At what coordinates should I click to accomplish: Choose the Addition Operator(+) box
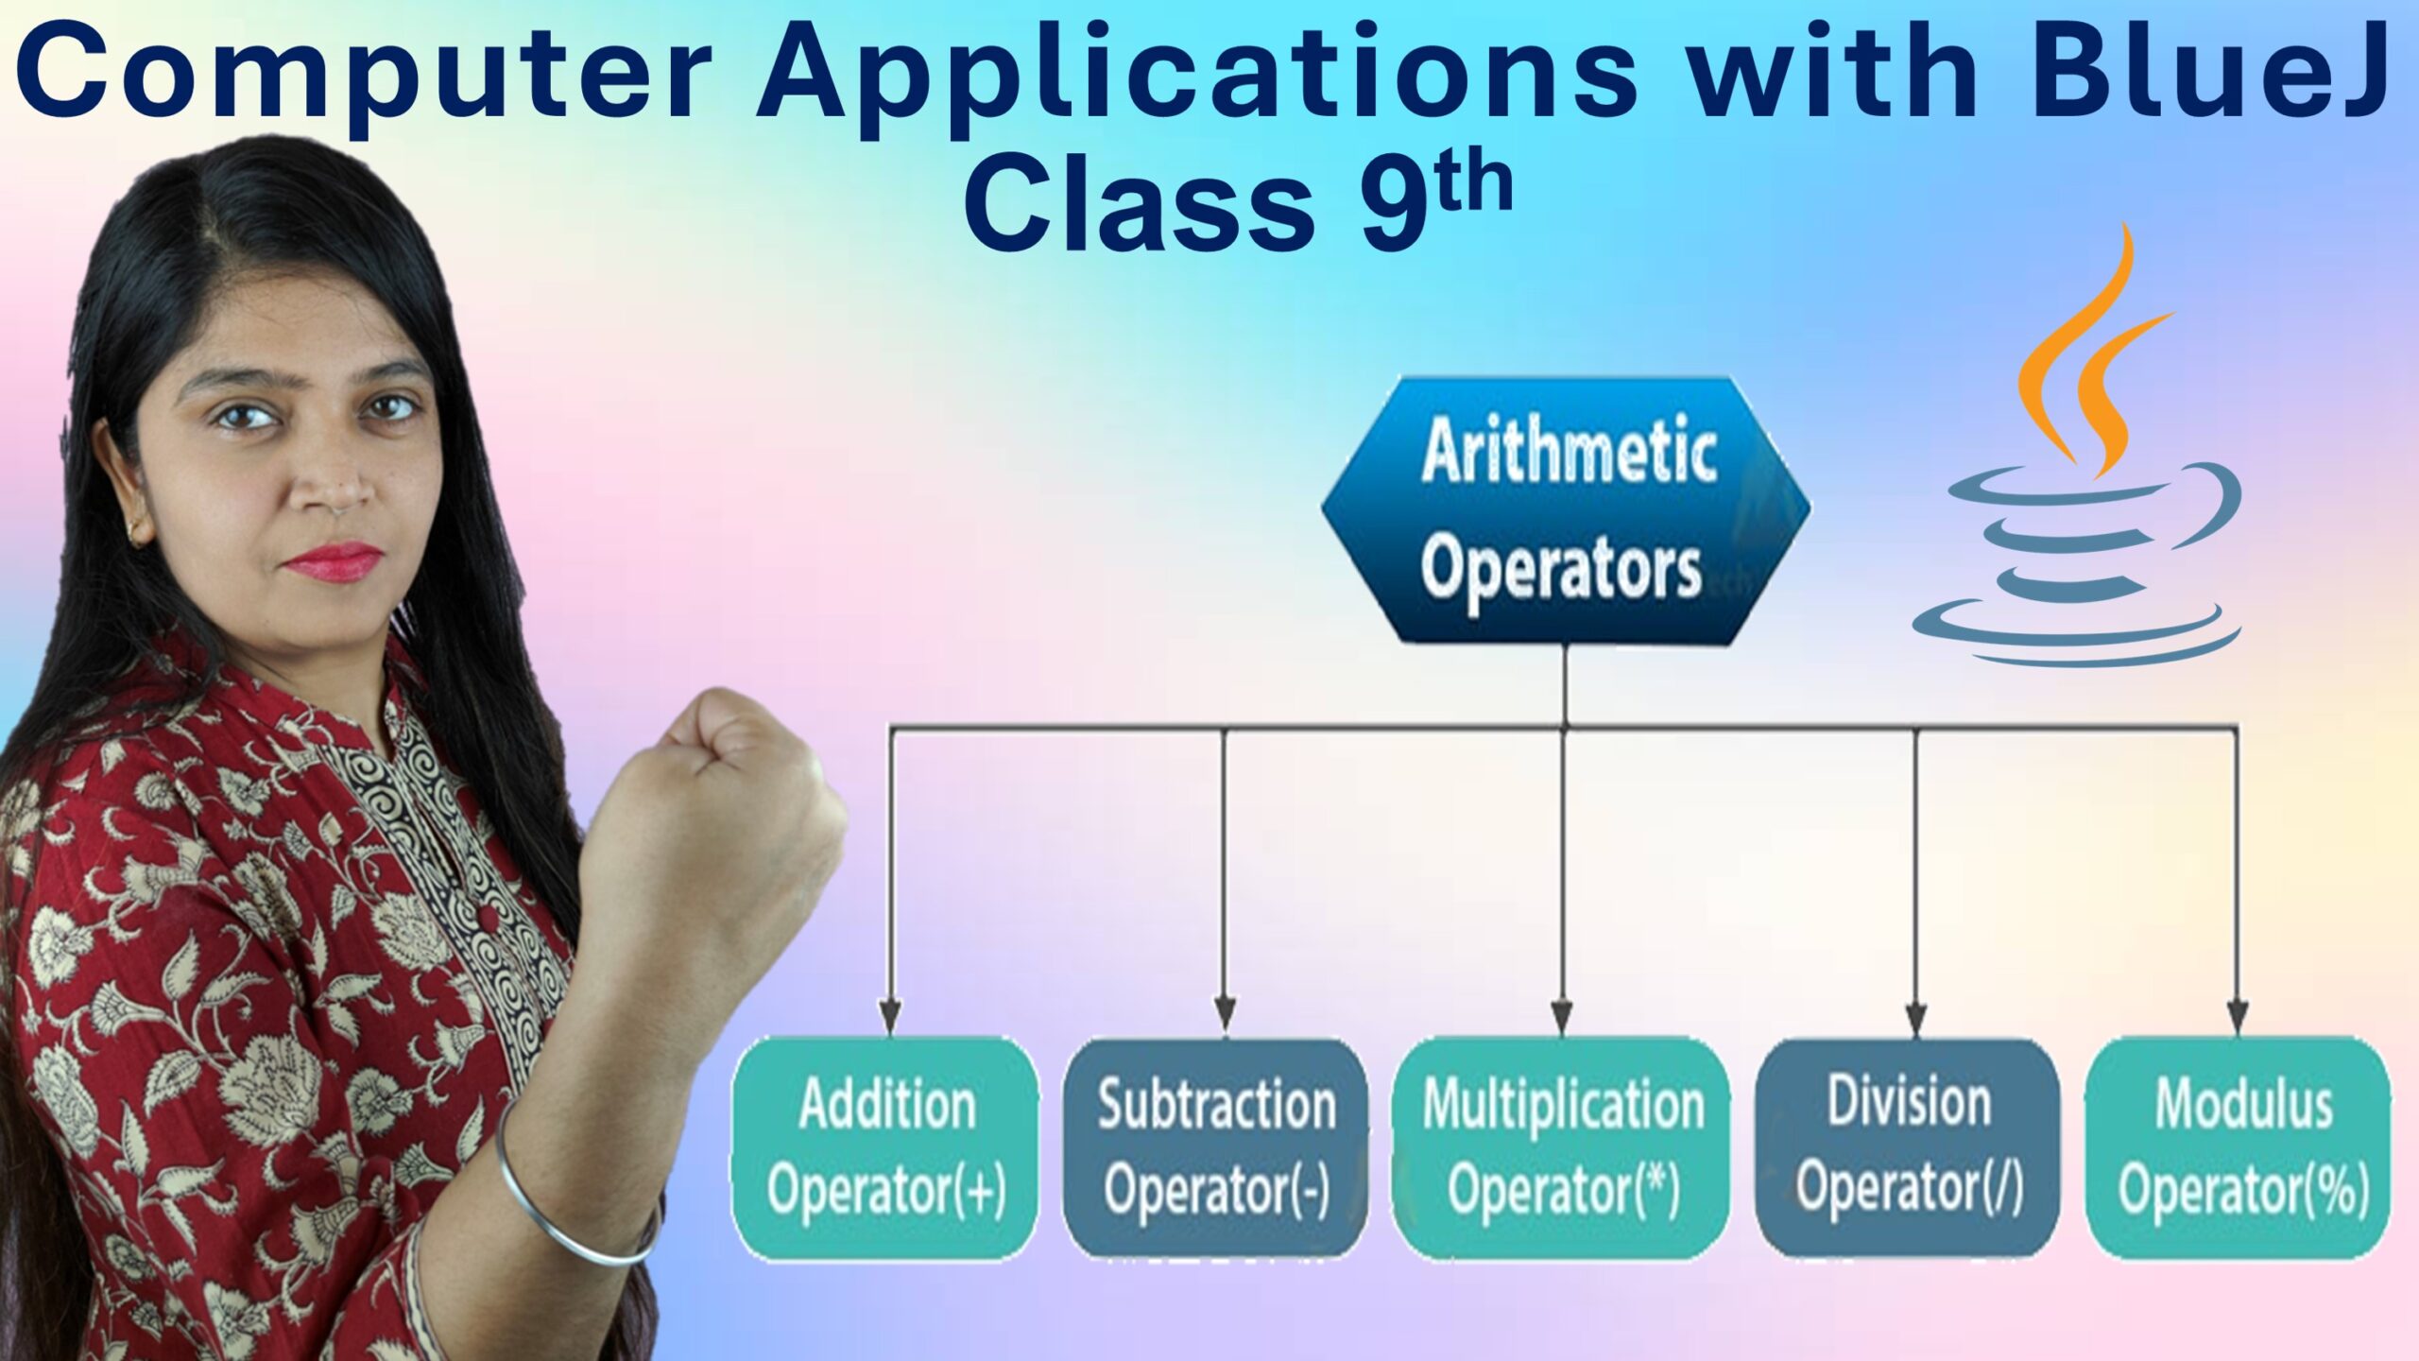885,1147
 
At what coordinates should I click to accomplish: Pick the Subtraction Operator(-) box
1216,1147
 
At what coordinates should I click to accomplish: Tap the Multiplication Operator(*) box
1562,1147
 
